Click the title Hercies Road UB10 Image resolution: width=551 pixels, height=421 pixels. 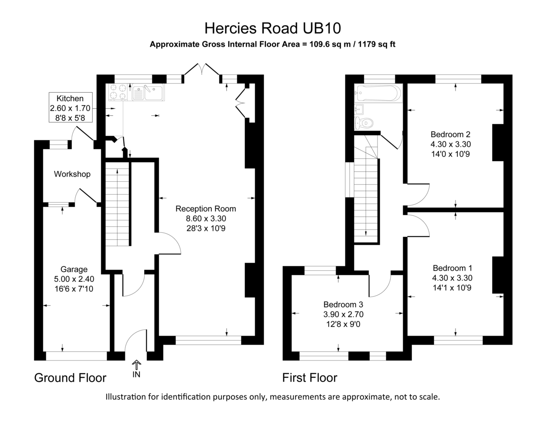[x=273, y=28]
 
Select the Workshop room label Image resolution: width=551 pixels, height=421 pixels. [x=72, y=174]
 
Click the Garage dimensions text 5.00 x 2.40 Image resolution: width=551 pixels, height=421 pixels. [x=74, y=278]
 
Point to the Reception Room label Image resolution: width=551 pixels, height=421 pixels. [x=205, y=209]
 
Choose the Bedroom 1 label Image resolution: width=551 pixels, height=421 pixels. [x=452, y=268]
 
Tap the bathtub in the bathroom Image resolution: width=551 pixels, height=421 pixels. [x=378, y=93]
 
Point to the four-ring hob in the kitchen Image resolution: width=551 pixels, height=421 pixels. [x=118, y=92]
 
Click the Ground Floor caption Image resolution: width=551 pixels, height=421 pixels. [x=70, y=378]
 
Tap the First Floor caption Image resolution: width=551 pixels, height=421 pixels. [x=309, y=378]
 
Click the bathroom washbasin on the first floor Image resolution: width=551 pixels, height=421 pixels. [x=360, y=109]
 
